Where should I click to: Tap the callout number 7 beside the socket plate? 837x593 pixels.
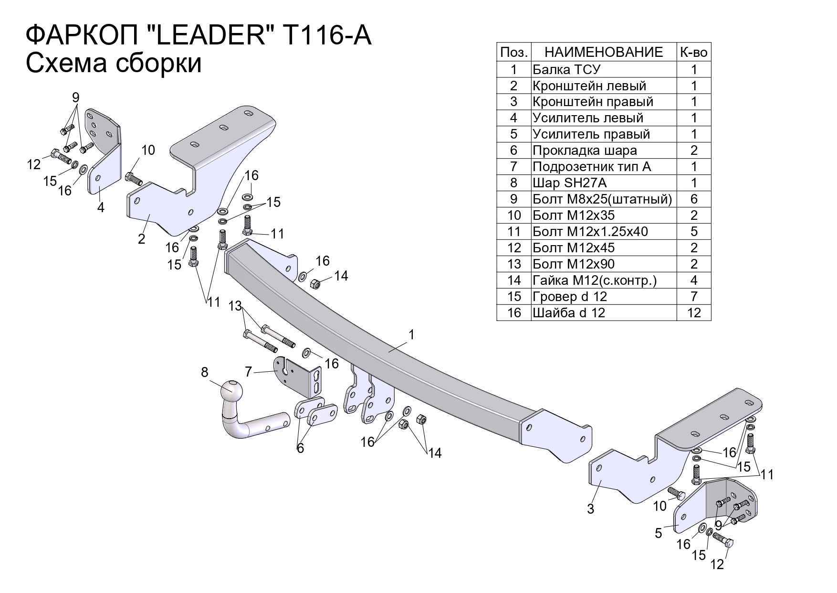pyautogui.click(x=248, y=371)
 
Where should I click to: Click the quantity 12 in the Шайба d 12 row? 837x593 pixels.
pyautogui.click(x=694, y=313)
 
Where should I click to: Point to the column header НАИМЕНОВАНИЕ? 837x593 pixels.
pyautogui.click(x=604, y=52)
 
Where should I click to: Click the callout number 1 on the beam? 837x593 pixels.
pyautogui.click(x=411, y=335)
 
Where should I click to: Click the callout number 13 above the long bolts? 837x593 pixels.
pyautogui.click(x=235, y=306)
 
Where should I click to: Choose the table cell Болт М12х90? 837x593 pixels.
pyautogui.click(x=574, y=264)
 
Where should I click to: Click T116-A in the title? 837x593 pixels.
pyautogui.click(x=327, y=36)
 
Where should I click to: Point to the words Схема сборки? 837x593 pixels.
pyautogui.click(x=114, y=64)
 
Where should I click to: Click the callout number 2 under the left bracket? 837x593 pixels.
pyautogui.click(x=141, y=238)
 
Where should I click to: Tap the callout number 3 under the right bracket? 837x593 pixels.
pyautogui.click(x=591, y=509)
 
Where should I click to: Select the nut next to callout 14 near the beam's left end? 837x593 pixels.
pyautogui.click(x=315, y=284)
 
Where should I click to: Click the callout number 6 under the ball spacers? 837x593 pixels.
pyautogui.click(x=300, y=448)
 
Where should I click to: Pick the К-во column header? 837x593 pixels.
pyautogui.click(x=693, y=52)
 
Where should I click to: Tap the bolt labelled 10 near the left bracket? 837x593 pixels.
pyautogui.click(x=134, y=179)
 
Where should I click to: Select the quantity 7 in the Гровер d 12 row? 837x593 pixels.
pyautogui.click(x=694, y=297)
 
